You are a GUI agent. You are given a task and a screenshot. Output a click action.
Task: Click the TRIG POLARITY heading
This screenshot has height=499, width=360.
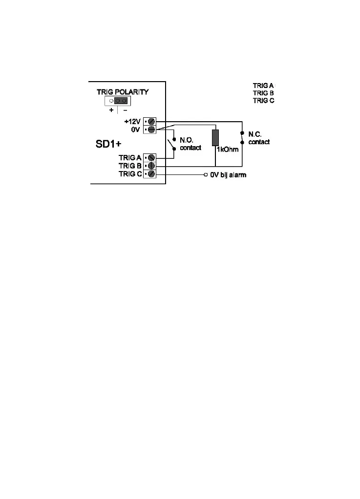point(122,92)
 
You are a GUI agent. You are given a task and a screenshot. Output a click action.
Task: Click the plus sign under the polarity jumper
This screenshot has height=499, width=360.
point(111,110)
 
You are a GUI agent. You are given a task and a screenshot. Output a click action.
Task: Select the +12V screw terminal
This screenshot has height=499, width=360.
point(151,121)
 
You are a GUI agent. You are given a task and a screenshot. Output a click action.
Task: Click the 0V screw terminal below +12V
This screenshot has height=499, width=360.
point(151,129)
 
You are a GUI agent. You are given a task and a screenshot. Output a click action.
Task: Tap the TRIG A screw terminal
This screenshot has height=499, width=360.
point(151,157)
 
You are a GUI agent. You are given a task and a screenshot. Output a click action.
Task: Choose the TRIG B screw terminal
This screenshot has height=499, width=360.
point(151,166)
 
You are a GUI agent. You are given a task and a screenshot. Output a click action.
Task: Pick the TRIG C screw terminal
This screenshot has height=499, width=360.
point(151,174)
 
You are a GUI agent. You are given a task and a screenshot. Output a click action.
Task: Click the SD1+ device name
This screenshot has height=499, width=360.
point(109,145)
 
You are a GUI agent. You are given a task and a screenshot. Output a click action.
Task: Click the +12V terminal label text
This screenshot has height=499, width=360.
point(133,121)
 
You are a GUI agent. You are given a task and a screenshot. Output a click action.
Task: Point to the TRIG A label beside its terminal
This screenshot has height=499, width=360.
point(130,157)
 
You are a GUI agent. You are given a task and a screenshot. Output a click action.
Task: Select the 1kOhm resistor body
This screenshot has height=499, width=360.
point(215,138)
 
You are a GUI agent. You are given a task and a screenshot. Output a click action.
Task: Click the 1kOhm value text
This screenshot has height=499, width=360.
point(228,150)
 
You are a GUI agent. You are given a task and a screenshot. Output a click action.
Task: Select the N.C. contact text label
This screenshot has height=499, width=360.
point(258,138)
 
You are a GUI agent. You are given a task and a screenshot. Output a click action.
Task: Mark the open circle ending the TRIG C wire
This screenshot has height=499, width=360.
point(205,174)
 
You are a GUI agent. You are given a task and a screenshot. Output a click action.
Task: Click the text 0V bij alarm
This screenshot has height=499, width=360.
point(228,174)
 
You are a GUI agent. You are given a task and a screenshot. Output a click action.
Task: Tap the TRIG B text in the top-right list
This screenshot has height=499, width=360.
point(263,93)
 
